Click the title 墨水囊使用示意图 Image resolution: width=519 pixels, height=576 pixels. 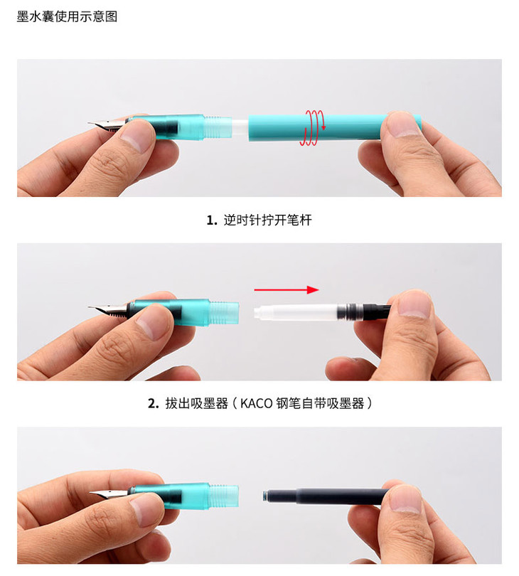pos(68,16)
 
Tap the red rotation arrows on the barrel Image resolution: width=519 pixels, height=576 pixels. pos(312,127)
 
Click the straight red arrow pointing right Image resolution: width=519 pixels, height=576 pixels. pos(286,290)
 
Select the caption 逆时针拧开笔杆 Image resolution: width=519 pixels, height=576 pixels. pos(268,220)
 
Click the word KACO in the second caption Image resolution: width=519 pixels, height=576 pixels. pos(256,403)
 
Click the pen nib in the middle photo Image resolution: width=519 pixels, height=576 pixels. pos(108,309)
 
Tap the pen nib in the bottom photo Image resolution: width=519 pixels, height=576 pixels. pos(109,494)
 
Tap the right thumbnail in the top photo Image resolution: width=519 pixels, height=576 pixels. pos(404,124)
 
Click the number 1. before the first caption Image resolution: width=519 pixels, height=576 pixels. pos(212,220)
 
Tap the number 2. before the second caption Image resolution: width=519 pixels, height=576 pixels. pos(153,404)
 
